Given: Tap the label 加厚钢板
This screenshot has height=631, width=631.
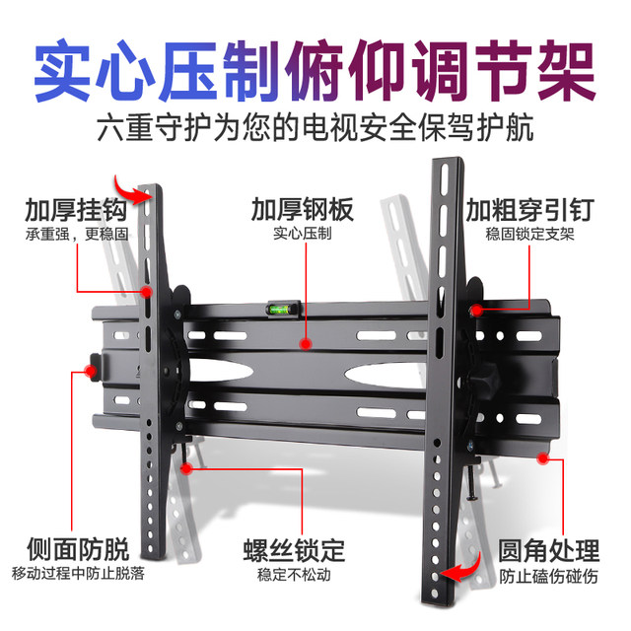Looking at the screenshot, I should tap(301, 211).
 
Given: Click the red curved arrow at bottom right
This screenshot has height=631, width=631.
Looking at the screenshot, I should tap(462, 569).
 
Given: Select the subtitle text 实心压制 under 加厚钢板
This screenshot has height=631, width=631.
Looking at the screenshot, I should tap(301, 236).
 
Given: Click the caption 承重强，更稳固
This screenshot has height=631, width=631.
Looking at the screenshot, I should tap(70, 235).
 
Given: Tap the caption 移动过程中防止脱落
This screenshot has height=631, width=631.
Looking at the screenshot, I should tap(77, 574).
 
